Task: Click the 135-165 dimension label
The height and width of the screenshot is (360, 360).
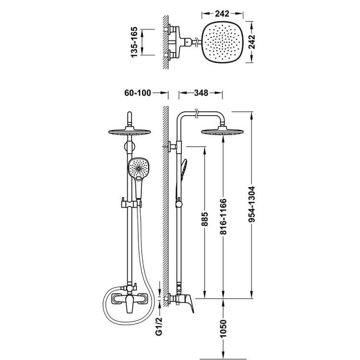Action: point(134,42)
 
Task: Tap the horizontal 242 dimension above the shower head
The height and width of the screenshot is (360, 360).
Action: point(222,14)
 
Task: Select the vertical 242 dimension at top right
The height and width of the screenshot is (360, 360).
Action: point(252,42)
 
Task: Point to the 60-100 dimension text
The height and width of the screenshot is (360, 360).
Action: point(138,93)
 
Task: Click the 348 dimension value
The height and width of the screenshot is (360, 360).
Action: point(201,93)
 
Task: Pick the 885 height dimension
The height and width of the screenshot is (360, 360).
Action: point(204,219)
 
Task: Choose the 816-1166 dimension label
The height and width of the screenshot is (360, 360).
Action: point(223,216)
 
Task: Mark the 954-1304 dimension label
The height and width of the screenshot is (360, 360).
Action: point(252,204)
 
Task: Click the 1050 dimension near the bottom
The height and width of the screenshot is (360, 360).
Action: point(223,328)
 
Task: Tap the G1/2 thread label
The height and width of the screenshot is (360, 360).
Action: point(159,326)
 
